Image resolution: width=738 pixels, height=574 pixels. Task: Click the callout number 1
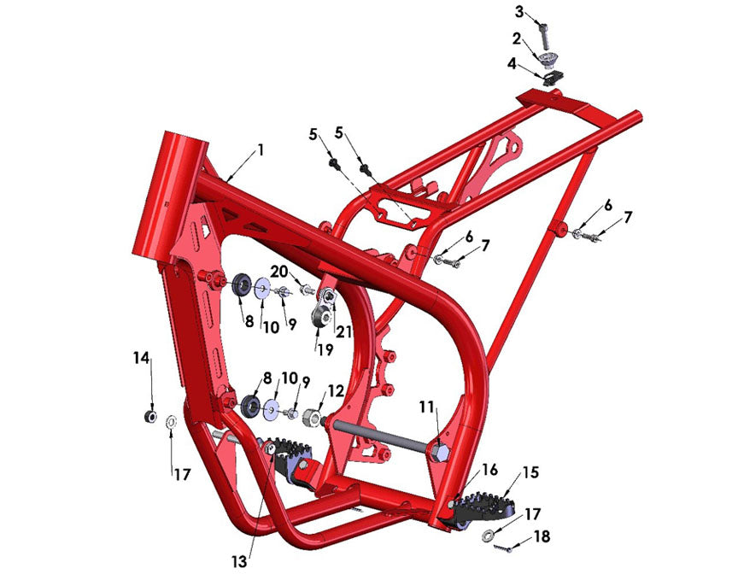(x=260, y=149)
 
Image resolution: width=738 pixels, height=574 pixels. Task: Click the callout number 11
(x=425, y=408)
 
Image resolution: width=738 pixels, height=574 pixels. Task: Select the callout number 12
(x=336, y=391)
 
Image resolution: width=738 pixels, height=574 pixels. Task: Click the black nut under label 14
(x=149, y=417)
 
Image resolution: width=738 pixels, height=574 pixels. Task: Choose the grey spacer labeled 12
(x=313, y=419)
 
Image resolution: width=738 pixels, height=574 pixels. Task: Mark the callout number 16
(x=489, y=469)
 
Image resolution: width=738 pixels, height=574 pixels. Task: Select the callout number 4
(x=512, y=63)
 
